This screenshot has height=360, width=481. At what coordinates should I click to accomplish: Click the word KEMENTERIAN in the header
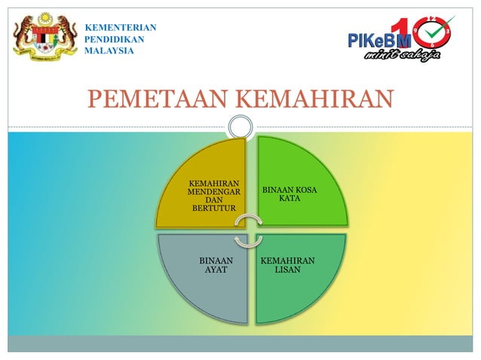coord(120,28)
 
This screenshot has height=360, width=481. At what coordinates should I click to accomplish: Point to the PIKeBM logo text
coord(378,40)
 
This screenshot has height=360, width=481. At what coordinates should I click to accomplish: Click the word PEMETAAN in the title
coord(157,99)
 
